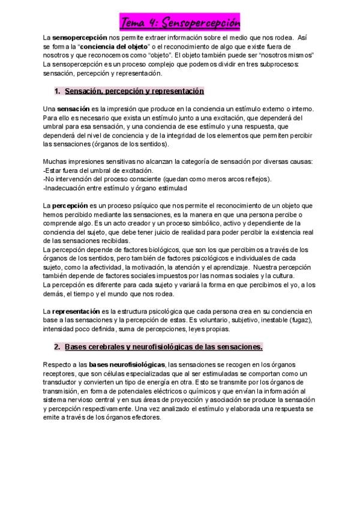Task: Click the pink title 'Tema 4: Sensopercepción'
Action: pos(180,23)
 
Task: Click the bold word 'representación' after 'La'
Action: pos(79,311)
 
